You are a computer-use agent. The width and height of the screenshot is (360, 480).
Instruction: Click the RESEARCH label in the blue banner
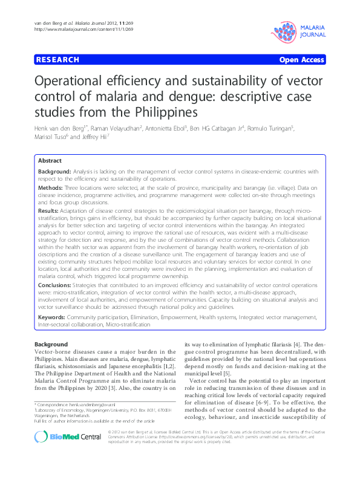point(57,60)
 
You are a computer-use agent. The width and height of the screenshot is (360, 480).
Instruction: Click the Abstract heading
point(50,161)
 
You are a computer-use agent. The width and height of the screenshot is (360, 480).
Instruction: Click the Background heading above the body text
point(51,344)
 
